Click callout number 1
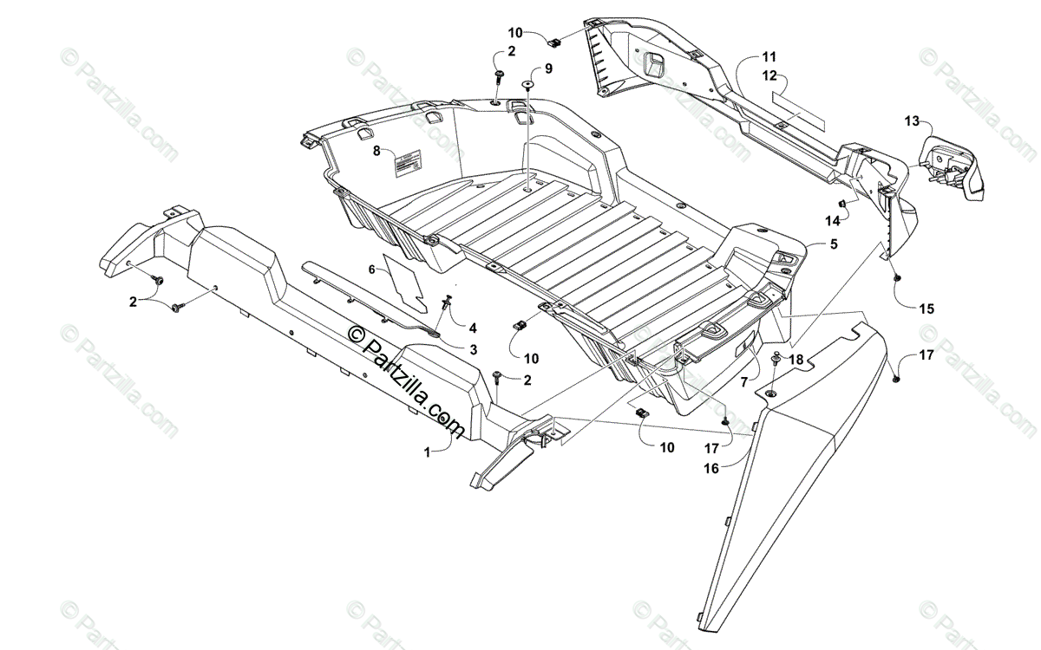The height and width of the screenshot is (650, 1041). pyautogui.click(x=427, y=451)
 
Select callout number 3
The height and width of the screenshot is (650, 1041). pyautogui.click(x=474, y=349)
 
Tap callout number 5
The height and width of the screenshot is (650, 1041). pyautogui.click(x=834, y=244)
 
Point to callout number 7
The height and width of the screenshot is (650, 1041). pyautogui.click(x=743, y=380)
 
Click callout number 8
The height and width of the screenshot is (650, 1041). pyautogui.click(x=377, y=151)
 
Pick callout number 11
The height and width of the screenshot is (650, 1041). pyautogui.click(x=769, y=56)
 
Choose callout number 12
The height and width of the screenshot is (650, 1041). pyautogui.click(x=769, y=75)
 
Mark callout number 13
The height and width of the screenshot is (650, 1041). pyautogui.click(x=911, y=120)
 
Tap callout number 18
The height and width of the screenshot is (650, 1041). pyautogui.click(x=796, y=359)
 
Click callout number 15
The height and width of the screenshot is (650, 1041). pyautogui.click(x=927, y=309)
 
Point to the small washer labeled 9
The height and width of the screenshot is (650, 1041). pyautogui.click(x=527, y=84)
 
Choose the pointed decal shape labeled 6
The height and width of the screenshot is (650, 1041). pyautogui.click(x=405, y=283)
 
